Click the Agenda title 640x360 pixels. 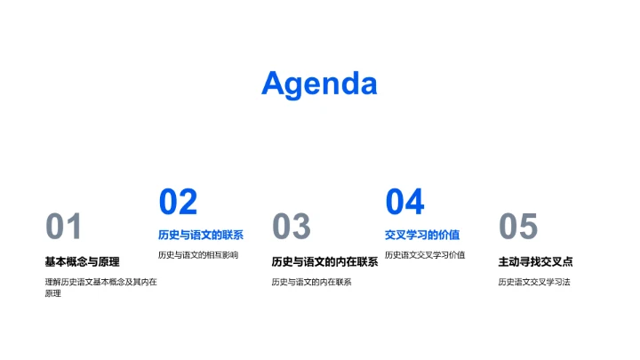(319, 84)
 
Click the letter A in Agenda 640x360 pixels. (274, 83)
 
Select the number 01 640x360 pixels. (64, 228)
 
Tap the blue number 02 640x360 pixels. (178, 203)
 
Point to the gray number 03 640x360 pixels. (291, 228)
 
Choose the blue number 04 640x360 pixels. (404, 203)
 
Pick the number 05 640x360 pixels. (518, 228)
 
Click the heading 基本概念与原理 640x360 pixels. (82, 261)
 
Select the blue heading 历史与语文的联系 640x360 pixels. (201, 236)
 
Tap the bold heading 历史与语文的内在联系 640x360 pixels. (324, 261)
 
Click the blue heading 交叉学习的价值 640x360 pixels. (422, 236)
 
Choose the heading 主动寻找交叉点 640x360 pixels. (535, 261)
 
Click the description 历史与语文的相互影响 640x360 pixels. (198, 255)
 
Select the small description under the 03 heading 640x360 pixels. (311, 282)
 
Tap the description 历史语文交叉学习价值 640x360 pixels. (425, 255)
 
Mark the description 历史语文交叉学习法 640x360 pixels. (534, 282)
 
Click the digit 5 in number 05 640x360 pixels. (529, 228)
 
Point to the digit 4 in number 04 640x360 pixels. (415, 203)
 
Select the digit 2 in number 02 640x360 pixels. (188, 203)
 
